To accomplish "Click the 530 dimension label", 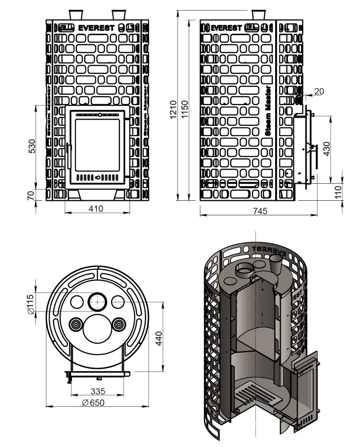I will [x=32, y=146].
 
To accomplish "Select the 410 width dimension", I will [x=96, y=208].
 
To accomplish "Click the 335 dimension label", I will [x=98, y=391].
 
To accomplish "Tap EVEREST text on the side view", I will [x=226, y=28].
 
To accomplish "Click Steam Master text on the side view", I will [x=268, y=111].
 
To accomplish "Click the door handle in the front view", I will [x=67, y=155].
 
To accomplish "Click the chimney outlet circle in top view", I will [x=98, y=302].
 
